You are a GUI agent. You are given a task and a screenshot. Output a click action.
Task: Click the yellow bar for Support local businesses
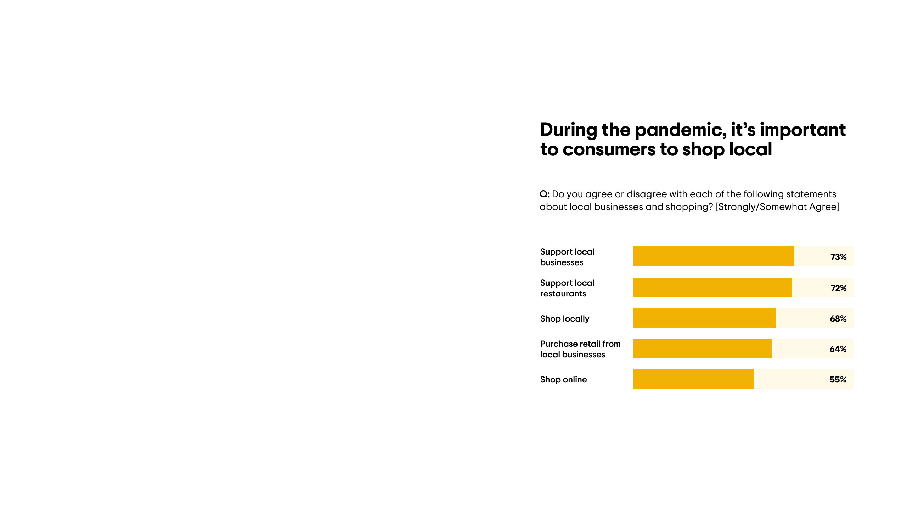pos(714,256)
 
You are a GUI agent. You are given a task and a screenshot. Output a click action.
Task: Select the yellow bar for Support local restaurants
pos(712,288)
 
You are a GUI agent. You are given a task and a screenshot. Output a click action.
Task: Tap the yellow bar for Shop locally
pos(704,318)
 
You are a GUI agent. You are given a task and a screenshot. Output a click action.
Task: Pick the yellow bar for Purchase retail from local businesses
pos(702,348)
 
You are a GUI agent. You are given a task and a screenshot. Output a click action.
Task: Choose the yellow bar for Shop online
pos(693,379)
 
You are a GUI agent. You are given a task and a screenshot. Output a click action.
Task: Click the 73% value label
pos(838,257)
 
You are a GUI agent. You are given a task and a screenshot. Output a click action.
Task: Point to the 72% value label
pos(839,288)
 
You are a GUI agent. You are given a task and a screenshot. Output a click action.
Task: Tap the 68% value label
pos(838,319)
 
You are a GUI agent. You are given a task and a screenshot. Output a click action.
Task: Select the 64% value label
pos(838,349)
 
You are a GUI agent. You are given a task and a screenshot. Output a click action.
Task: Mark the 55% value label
pos(838,380)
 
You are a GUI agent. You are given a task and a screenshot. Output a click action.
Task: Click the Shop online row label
pos(563,380)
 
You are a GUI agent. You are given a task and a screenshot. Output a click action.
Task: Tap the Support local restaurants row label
pos(567,288)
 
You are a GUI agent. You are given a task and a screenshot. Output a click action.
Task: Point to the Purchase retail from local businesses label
pos(580,349)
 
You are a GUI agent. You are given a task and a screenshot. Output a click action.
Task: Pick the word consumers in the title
pos(609,149)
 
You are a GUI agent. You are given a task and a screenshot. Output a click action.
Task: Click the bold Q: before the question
pos(545,194)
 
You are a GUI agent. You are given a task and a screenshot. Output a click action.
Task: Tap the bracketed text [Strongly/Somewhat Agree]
pos(777,207)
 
